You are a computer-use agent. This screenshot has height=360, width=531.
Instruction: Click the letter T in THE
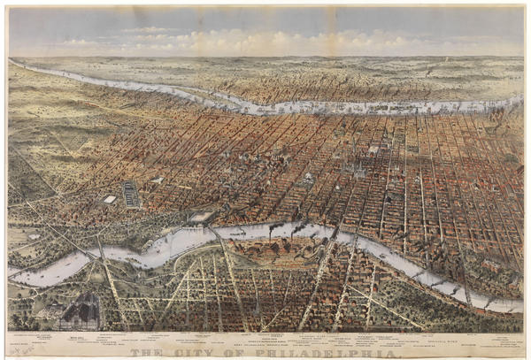click(x=135, y=354)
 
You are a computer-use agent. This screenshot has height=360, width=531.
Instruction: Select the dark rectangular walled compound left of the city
click(x=131, y=194)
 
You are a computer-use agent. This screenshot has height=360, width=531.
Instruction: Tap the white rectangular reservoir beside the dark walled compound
click(x=110, y=200)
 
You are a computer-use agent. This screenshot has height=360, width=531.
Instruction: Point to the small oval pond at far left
click(x=34, y=236)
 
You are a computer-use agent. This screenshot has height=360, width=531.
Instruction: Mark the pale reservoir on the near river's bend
click(x=202, y=216)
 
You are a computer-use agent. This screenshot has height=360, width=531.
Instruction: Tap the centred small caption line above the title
click(x=265, y=343)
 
